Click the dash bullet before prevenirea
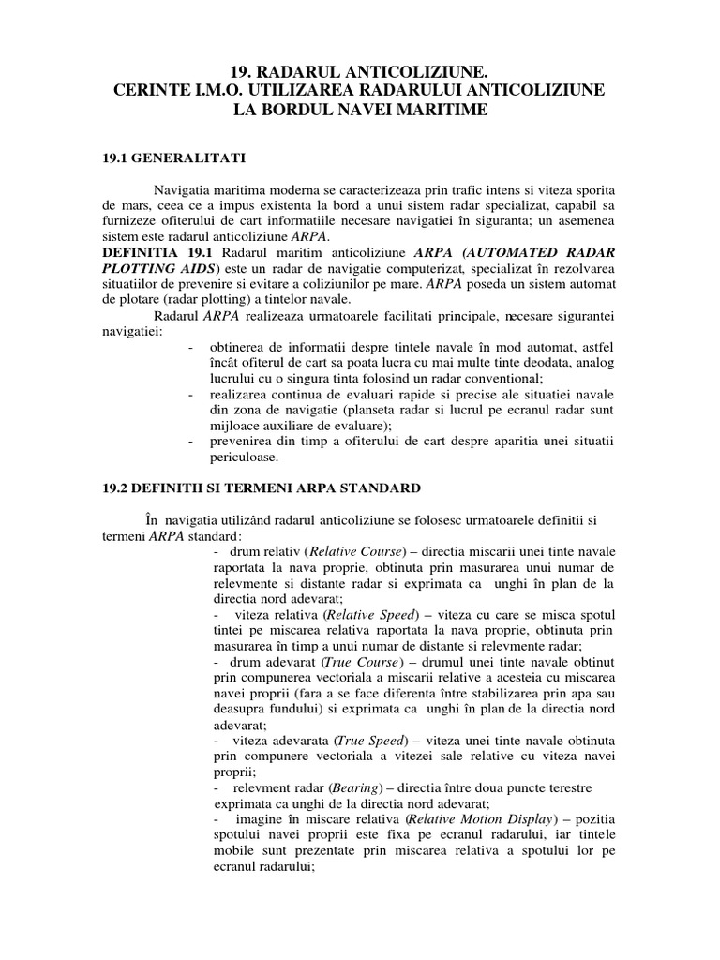point(191,442)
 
